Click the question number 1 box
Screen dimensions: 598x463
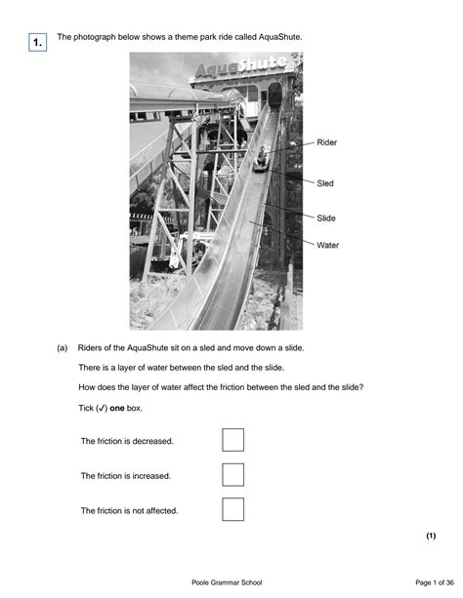(x=35, y=43)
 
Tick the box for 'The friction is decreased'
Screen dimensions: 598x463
(x=232, y=440)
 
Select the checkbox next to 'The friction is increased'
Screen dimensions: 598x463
(x=232, y=475)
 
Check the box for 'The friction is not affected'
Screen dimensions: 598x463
(x=232, y=509)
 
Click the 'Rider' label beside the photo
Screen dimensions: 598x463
(x=327, y=142)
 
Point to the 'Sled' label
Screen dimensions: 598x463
(x=325, y=182)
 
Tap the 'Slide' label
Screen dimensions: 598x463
(x=326, y=218)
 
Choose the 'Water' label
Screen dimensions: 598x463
(x=328, y=245)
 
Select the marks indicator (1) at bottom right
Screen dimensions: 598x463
(x=431, y=537)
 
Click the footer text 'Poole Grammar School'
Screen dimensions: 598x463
(x=231, y=582)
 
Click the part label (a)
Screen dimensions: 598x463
(x=62, y=346)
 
